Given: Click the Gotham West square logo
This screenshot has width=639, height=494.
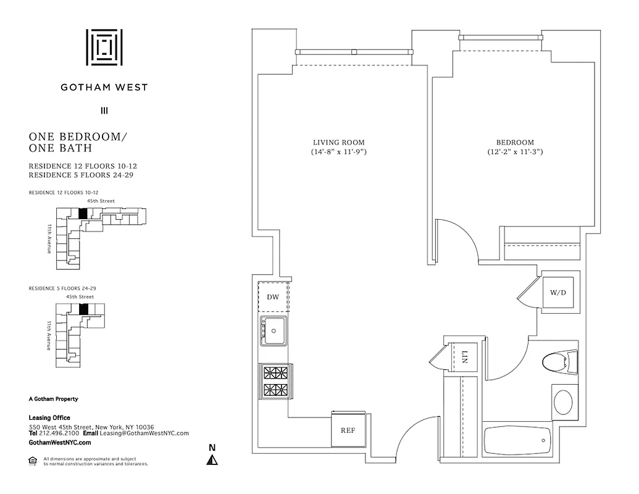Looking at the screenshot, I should (104, 47).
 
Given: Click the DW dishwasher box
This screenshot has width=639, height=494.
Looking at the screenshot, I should (273, 297).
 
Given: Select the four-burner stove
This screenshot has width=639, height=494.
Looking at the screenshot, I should (275, 381).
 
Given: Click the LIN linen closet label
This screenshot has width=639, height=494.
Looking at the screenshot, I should (465, 357).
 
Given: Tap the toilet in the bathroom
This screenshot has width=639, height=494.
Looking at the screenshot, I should (562, 362).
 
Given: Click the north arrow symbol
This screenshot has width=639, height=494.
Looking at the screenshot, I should (212, 459).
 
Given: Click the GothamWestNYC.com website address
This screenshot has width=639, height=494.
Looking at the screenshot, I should (60, 442).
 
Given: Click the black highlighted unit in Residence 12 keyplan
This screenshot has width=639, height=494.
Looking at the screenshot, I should (82, 212).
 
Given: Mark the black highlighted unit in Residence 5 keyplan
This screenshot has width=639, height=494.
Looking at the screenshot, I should (85, 308).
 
